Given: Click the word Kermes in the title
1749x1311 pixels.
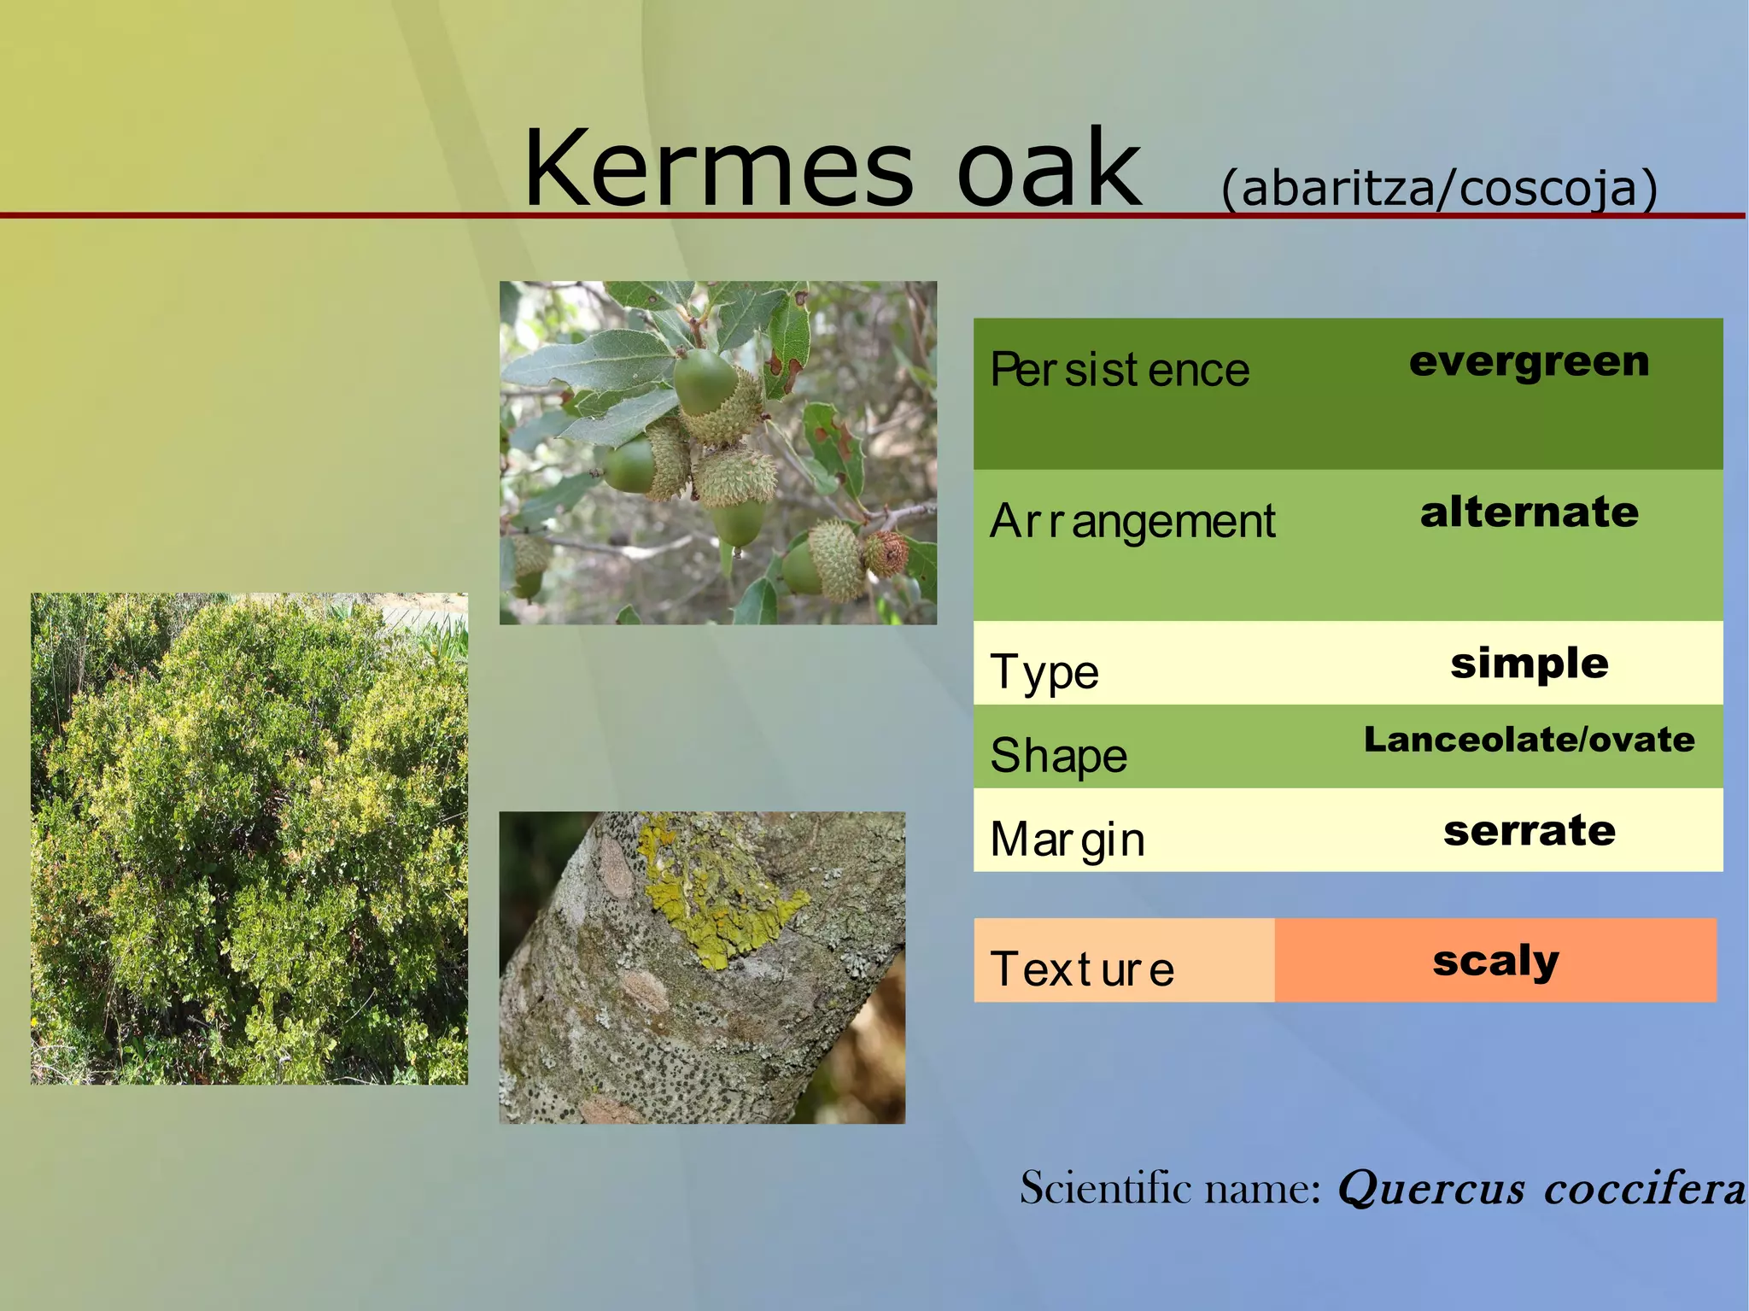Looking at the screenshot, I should tap(718, 168).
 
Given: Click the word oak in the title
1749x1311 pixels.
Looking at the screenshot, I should tap(1048, 168).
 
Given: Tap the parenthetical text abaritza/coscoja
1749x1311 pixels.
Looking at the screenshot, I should tap(1439, 188).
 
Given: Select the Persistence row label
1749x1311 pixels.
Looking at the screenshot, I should tap(1119, 370).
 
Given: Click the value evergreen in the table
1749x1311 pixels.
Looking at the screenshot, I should tap(1529, 362).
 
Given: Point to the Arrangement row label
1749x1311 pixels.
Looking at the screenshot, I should tap(1132, 521).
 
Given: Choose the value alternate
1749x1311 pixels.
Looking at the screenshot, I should tap(1529, 512).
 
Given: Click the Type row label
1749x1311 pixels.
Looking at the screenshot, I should tap(1044, 672).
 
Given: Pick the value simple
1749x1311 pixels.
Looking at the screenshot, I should tap(1529, 664).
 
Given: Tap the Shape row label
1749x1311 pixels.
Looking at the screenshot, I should tap(1058, 756).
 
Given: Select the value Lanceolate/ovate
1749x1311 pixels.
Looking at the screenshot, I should tap(1529, 740).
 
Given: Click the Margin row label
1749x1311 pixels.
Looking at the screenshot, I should tap(1067, 839).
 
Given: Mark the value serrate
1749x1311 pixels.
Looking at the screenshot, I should tap(1529, 831).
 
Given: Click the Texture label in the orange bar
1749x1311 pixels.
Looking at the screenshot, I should tap(1082, 969).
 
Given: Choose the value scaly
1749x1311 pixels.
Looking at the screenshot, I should tap(1495, 961).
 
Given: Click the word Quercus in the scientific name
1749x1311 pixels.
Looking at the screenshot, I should tap(1430, 1188).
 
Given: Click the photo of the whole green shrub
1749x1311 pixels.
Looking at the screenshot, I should tap(249, 839).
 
